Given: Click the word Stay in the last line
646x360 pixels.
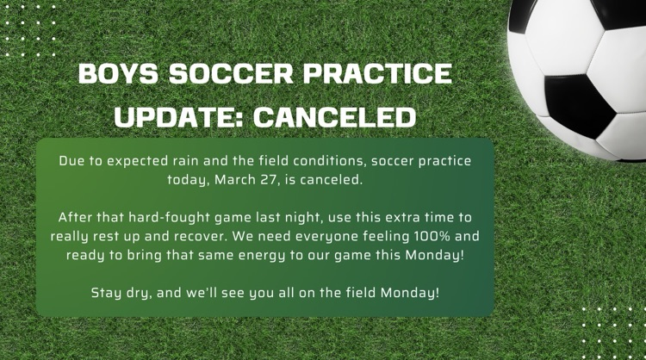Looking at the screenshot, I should click(x=107, y=293).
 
